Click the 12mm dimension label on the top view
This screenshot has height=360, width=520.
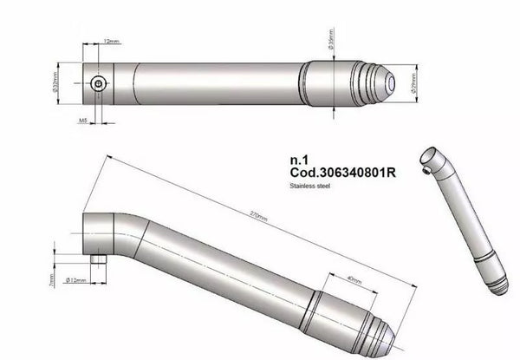[x=110, y=41]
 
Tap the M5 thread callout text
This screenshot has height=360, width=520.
[x=82, y=122]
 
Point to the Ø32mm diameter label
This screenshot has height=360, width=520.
[x=55, y=84]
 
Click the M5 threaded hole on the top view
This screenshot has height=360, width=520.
[x=100, y=83]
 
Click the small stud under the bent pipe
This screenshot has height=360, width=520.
[x=99, y=259]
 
